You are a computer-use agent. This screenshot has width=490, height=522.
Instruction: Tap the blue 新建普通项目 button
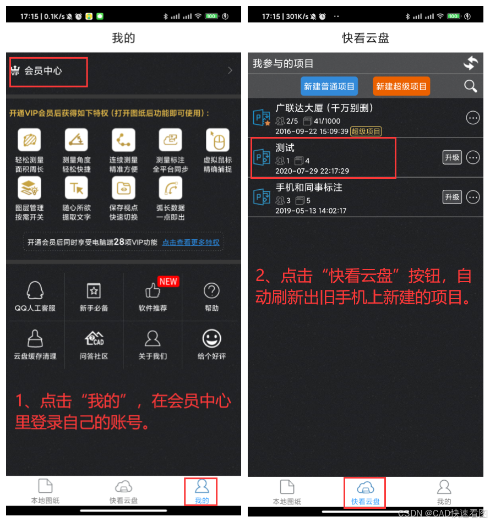[329, 86]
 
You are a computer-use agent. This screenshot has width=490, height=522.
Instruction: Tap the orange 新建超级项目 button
[401, 86]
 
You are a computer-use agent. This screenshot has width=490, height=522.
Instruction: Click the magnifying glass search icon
[470, 86]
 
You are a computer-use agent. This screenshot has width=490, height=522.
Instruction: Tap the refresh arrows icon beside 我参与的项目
[471, 63]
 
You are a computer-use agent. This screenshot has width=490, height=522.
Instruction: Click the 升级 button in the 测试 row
[452, 157]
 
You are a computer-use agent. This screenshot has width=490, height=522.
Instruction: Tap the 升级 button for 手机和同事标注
[452, 197]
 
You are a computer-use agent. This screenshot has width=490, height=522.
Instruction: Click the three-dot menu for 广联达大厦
[473, 118]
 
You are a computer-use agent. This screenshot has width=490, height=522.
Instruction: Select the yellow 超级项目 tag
[366, 131]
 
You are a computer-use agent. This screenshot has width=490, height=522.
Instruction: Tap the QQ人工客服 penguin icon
[35, 290]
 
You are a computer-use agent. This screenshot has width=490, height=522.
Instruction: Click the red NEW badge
[168, 282]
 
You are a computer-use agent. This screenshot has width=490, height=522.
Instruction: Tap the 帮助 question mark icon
[211, 290]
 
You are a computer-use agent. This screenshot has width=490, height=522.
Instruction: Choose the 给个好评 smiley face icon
[211, 339]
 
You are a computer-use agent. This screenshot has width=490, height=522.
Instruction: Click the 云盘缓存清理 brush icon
[35, 339]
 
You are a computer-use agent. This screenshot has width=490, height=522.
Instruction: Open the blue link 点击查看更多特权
[191, 243]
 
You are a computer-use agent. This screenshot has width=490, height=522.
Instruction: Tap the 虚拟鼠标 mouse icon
[217, 140]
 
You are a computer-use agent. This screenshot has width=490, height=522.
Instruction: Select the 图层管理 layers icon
[29, 188]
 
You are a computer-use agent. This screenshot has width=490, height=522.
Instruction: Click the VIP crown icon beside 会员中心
[15, 70]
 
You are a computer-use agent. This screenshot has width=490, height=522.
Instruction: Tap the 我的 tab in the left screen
[202, 491]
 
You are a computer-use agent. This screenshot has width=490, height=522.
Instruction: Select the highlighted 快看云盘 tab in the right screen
[365, 492]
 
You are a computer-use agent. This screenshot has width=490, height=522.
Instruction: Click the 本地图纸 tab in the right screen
[287, 492]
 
